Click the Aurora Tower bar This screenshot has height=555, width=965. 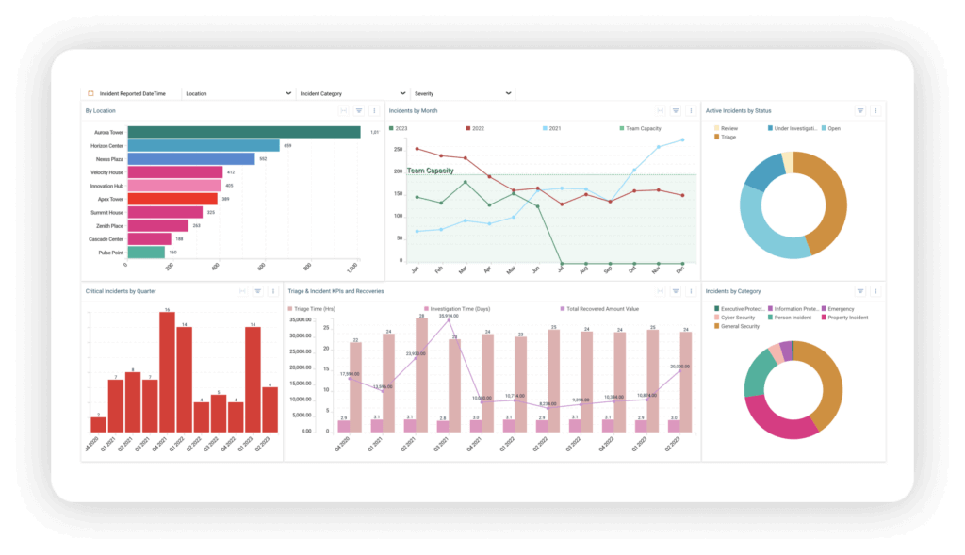243,132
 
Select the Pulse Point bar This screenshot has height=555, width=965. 146,253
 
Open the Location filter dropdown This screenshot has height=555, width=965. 237,93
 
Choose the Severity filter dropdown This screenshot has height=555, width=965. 463,93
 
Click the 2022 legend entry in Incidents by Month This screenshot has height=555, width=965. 478,127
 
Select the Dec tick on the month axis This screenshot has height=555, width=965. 680,269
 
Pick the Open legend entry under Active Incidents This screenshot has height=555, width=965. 833,128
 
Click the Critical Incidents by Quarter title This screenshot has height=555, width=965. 120,291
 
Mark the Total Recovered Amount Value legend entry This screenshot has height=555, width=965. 601,308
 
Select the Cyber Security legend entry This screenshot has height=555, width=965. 740,317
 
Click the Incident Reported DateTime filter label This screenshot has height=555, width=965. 132,93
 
